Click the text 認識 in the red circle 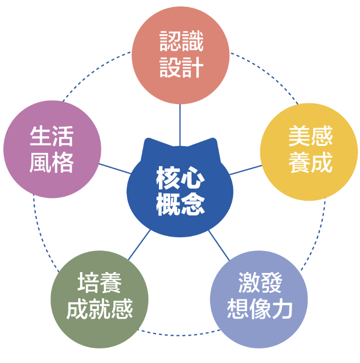pyautogui.click(x=181, y=41)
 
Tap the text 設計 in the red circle pyautogui.click(x=181, y=68)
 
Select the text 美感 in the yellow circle pyautogui.click(x=310, y=136)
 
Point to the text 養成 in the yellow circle pyautogui.click(x=310, y=162)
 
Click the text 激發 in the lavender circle pyautogui.click(x=260, y=283)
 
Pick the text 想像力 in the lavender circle pyautogui.click(x=260, y=309)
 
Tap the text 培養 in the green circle pyautogui.click(x=99, y=283)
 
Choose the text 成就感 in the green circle pyautogui.click(x=99, y=309)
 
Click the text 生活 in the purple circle pyautogui.click(x=52, y=136)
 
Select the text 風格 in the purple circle pyautogui.click(x=52, y=162)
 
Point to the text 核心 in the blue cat pyautogui.click(x=180, y=178)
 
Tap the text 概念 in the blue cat pyautogui.click(x=180, y=204)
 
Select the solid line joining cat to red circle pyautogui.click(x=180, y=125)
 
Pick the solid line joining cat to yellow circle pyautogui.click(x=246, y=170)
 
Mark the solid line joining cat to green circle pyautogui.click(x=139, y=244)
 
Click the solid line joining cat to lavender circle pyautogui.click(x=219, y=245)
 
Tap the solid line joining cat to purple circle pyautogui.click(x=115, y=168)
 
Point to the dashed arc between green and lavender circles pyautogui.click(x=179, y=334)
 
